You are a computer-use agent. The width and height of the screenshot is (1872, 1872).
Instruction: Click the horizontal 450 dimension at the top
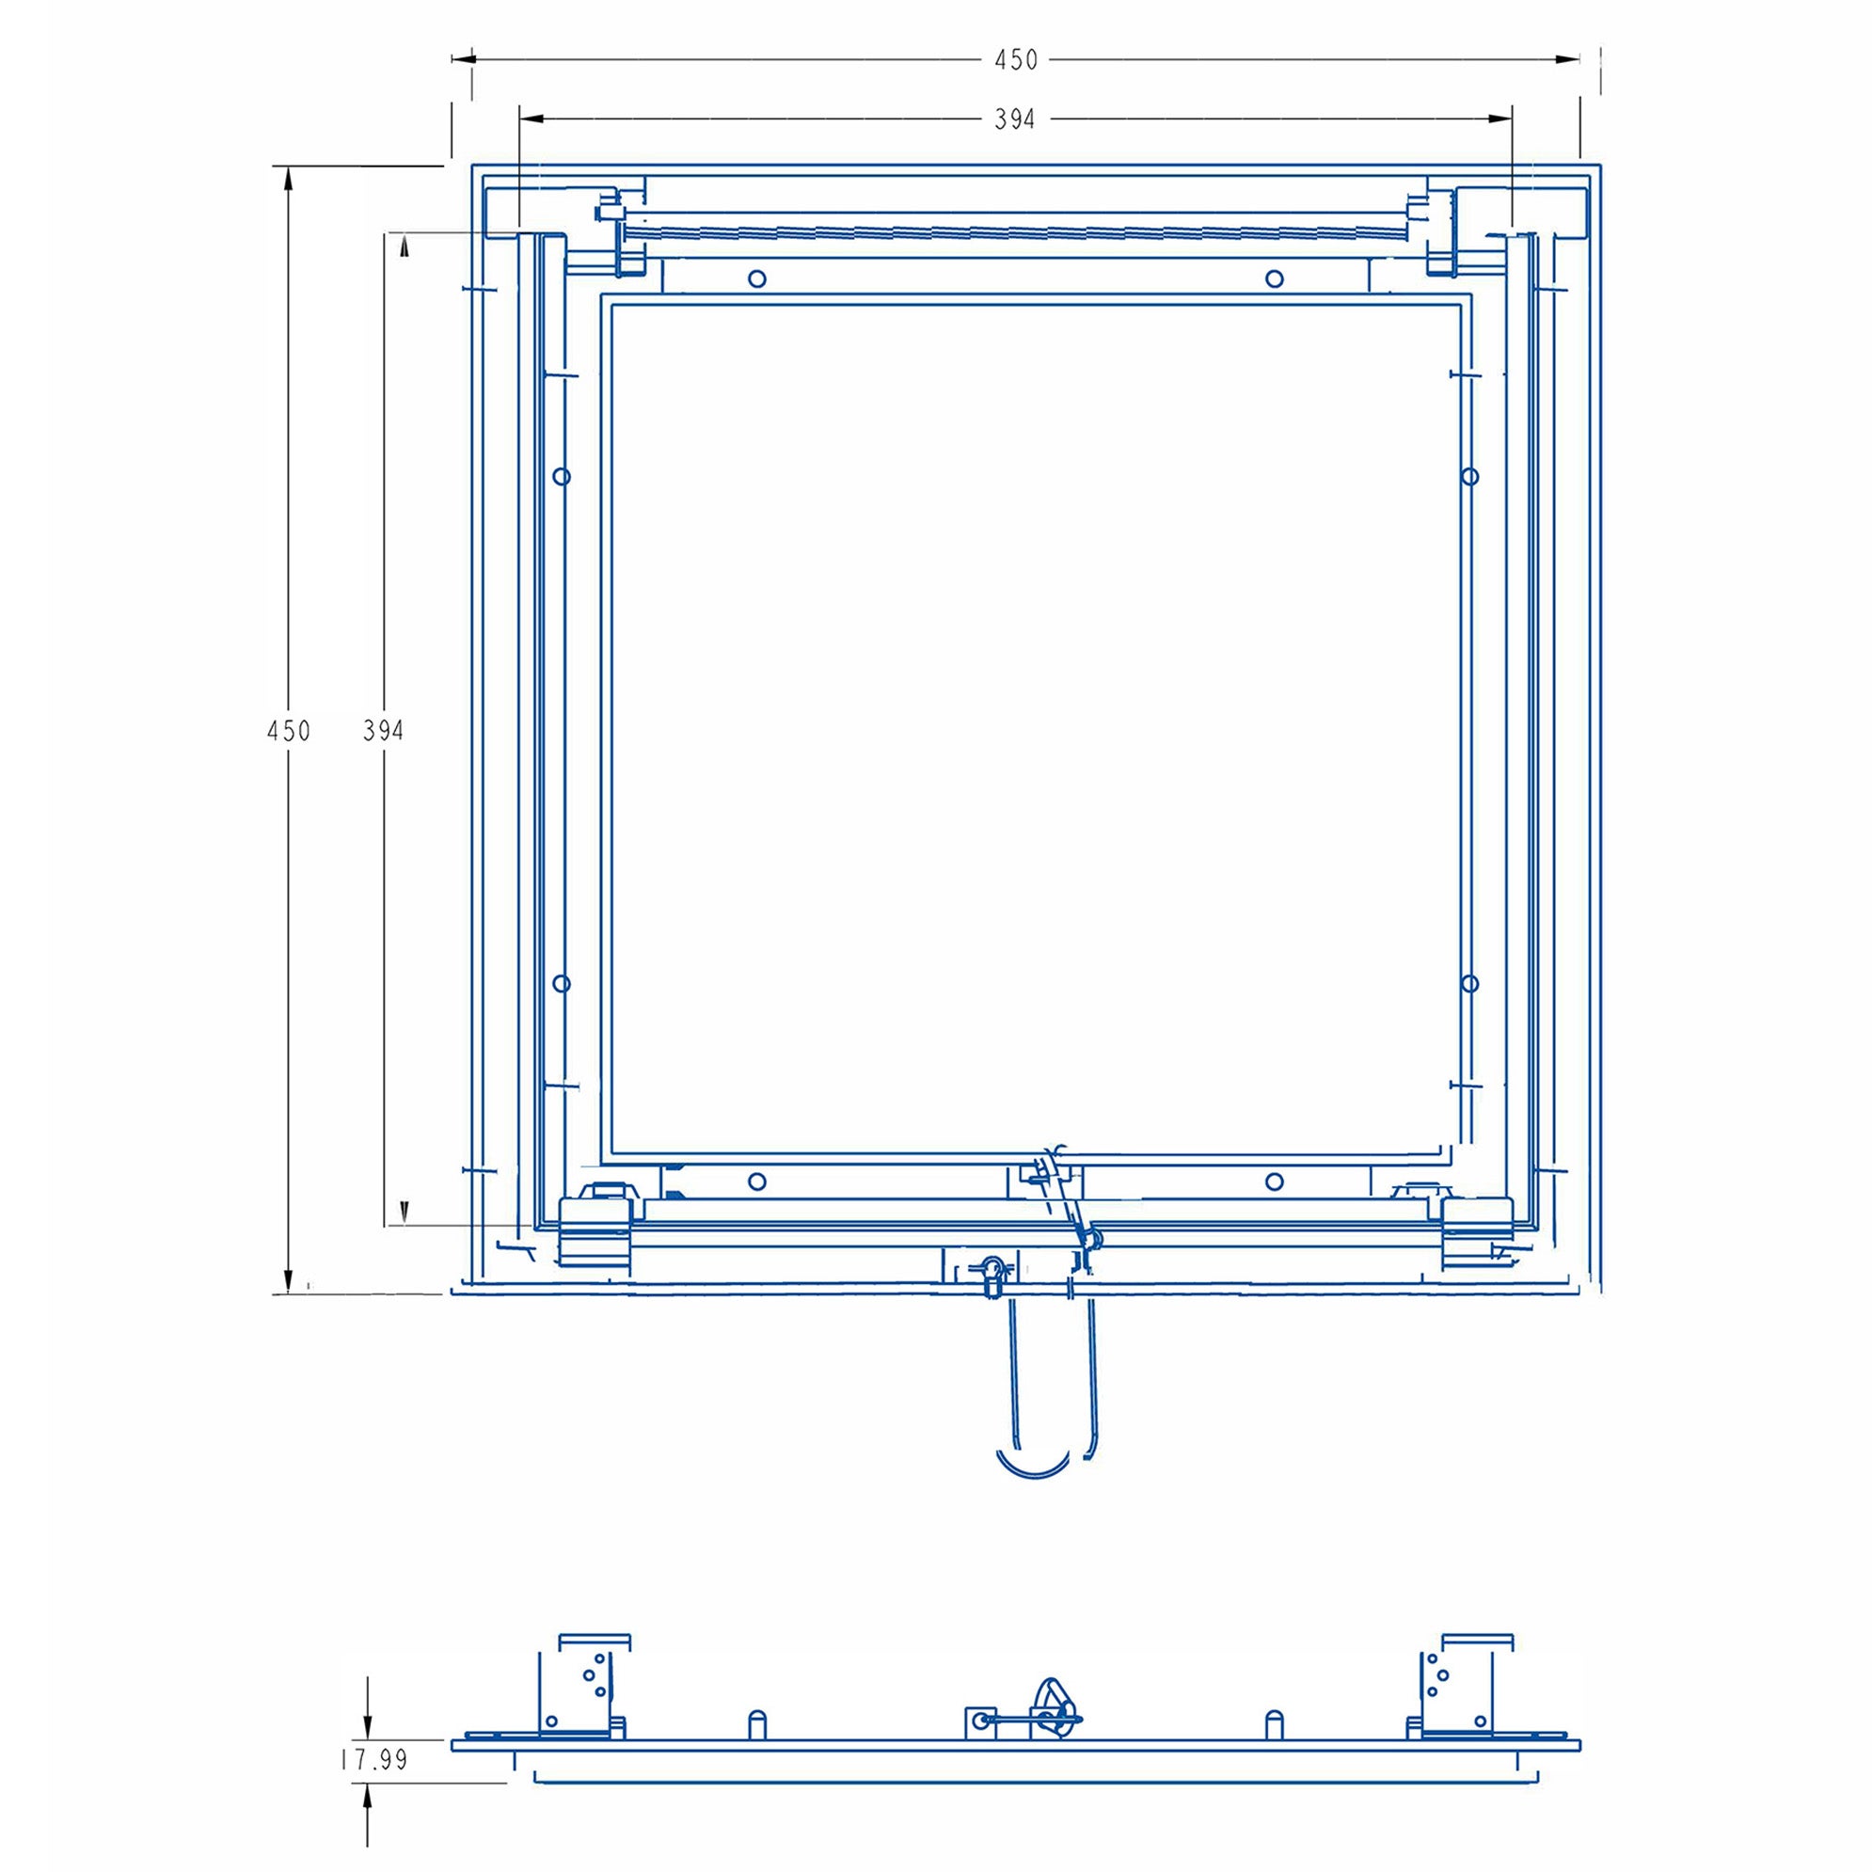click(x=1015, y=60)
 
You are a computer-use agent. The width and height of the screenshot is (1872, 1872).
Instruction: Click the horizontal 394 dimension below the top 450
click(x=1014, y=119)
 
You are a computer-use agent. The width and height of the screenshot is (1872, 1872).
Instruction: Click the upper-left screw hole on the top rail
click(x=757, y=279)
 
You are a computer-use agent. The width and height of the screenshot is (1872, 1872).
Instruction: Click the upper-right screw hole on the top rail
click(x=1274, y=279)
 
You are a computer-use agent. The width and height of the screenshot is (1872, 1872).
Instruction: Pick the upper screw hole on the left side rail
click(x=561, y=476)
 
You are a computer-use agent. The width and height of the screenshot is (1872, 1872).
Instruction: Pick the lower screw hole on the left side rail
click(x=561, y=983)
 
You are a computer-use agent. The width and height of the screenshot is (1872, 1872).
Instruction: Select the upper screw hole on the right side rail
click(x=1470, y=476)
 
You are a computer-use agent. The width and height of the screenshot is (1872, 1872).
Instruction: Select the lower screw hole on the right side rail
click(x=1470, y=983)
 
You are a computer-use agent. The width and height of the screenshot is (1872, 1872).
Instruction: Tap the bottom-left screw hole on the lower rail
click(x=757, y=1182)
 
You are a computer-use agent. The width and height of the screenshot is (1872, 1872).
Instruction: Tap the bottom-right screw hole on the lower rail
click(x=1274, y=1182)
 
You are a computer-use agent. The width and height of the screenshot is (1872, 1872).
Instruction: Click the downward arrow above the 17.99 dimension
click(x=367, y=1723)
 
